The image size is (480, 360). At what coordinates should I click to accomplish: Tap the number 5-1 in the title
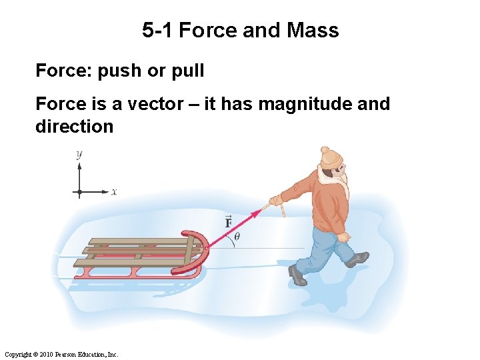pos(158,31)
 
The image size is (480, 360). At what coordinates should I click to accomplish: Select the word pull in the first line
pos(187,71)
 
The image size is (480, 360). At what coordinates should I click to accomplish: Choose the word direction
pos(74,127)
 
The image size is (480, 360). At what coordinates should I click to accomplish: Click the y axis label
pos(79,154)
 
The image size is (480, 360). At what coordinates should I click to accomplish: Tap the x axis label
pos(114,192)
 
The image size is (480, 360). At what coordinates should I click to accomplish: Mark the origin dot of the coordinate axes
pos(79,192)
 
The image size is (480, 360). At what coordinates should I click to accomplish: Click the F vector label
pos(228,222)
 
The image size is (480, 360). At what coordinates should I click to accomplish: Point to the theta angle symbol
pos(237,235)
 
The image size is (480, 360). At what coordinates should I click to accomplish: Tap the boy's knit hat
pos(330,157)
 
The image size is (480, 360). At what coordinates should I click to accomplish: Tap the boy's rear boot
pos(357,259)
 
